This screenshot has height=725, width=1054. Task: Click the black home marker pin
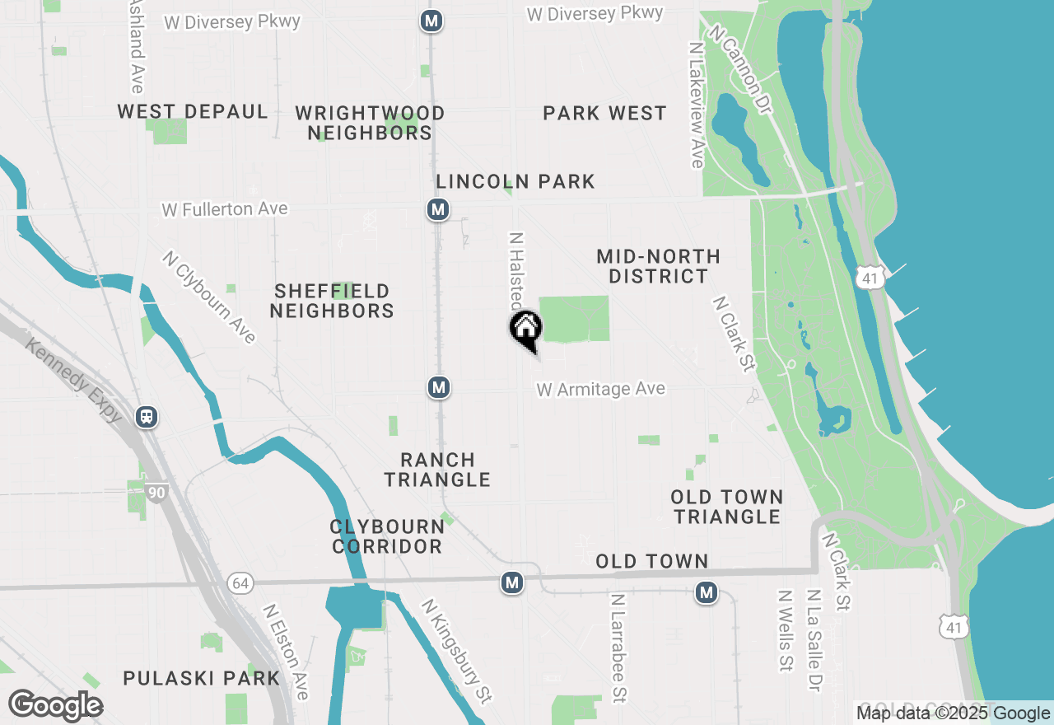point(526,329)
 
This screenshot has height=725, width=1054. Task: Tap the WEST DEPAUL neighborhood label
point(193,112)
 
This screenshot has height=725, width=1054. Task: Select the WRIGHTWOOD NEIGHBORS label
point(370,123)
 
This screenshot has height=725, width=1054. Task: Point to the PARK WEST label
point(604,114)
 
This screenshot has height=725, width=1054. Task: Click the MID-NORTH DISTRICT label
point(658,266)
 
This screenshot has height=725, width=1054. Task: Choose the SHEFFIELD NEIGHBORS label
point(332,301)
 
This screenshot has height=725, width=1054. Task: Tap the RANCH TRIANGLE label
point(437,470)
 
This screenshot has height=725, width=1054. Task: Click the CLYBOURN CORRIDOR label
point(386,536)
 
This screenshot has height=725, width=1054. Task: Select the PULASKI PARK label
point(202,678)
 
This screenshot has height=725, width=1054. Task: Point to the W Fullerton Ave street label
point(225,209)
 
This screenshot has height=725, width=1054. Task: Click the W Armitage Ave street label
point(600,389)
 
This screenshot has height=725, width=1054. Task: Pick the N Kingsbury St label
point(456,651)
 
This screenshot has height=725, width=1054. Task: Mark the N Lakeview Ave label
point(697,105)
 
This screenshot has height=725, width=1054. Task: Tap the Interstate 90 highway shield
point(156,493)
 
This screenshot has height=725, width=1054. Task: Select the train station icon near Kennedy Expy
point(147,416)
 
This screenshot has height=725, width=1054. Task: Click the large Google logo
point(55,706)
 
